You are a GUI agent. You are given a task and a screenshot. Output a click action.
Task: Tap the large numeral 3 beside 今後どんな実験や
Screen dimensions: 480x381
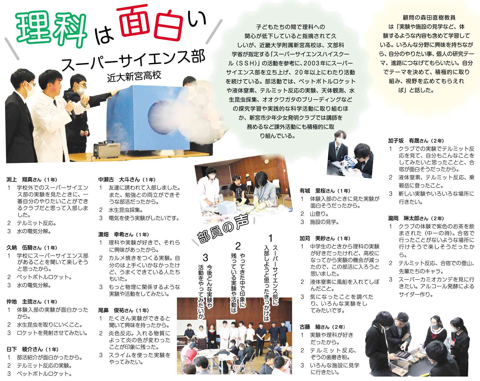coord(205,258)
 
